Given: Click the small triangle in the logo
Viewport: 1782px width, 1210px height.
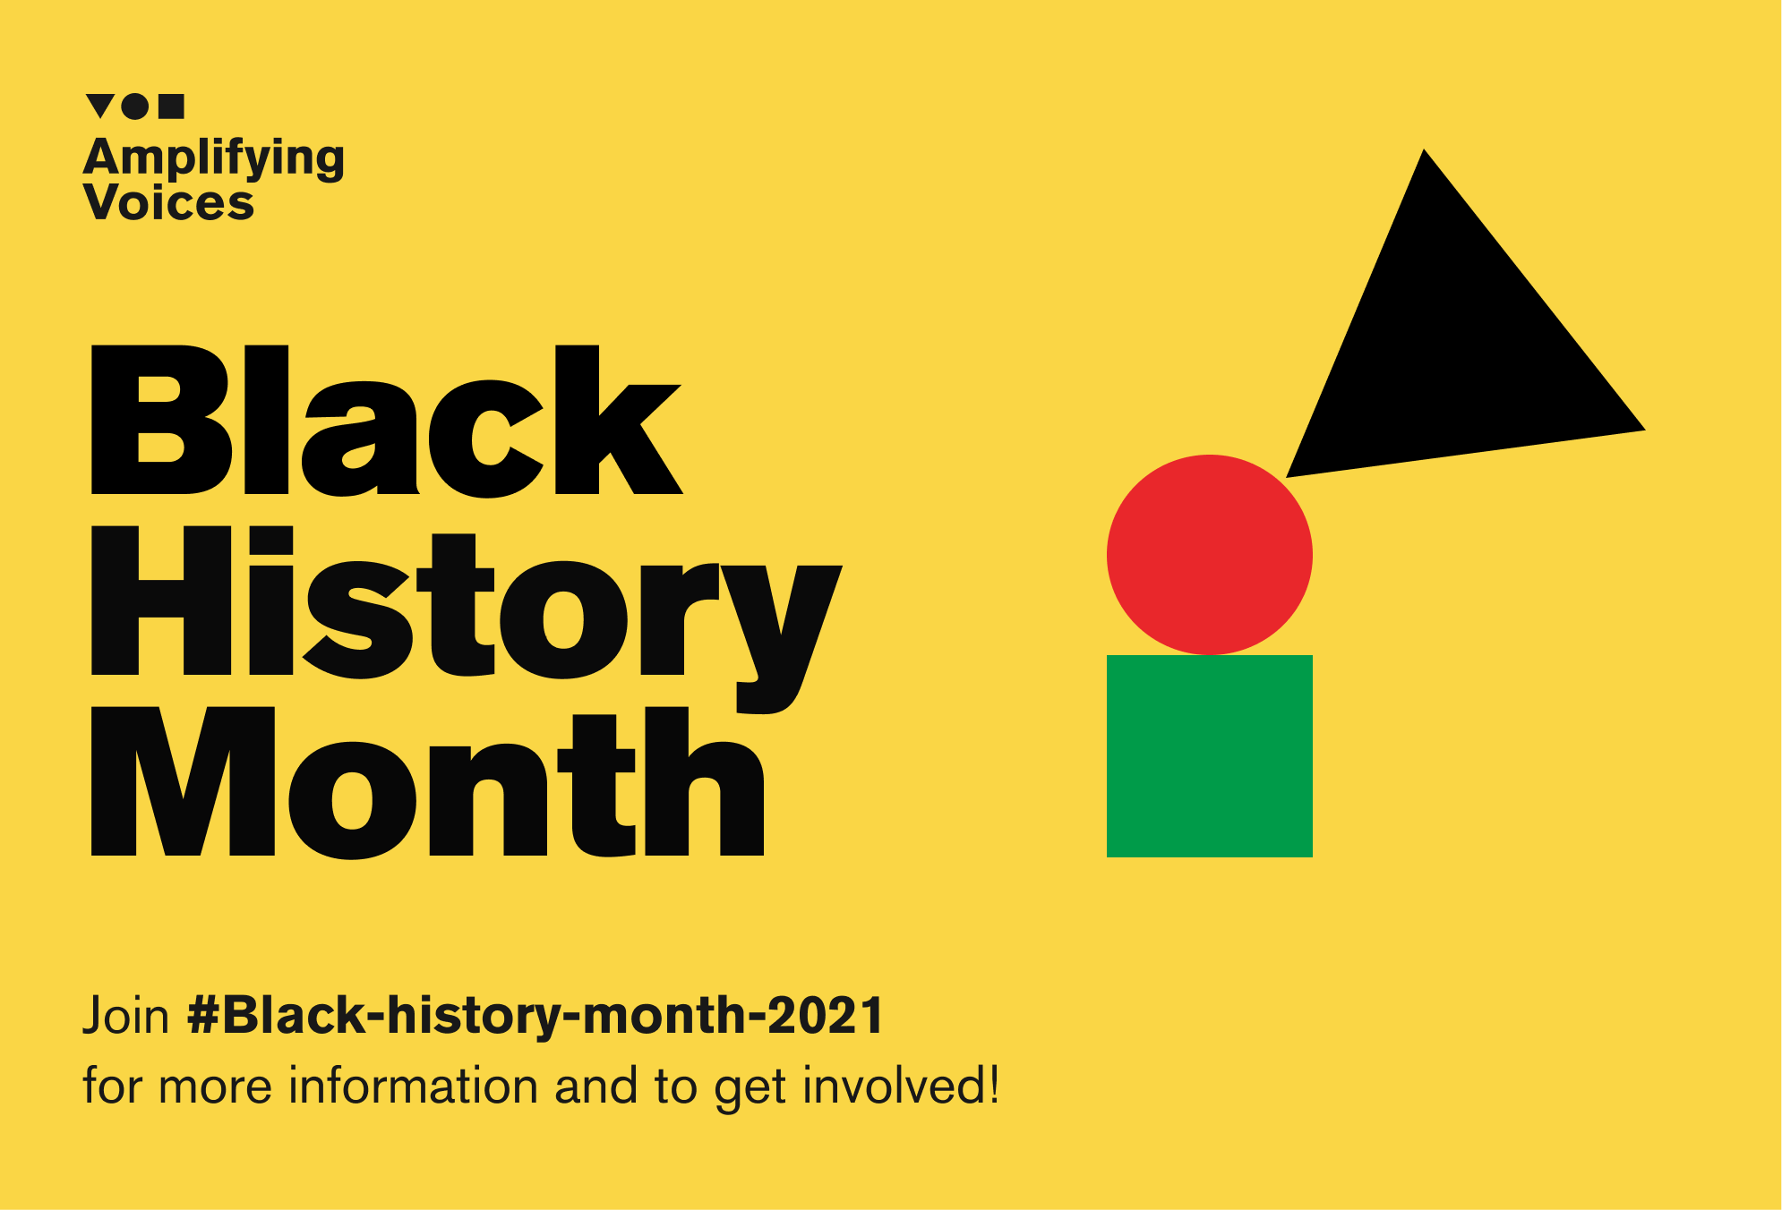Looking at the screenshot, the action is click(100, 104).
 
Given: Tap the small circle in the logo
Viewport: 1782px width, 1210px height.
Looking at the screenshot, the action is click(135, 107).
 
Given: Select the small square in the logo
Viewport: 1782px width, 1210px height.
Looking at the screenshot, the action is click(171, 107).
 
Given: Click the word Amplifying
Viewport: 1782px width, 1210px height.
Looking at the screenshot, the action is click(214, 159).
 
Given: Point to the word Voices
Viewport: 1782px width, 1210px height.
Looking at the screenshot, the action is click(169, 202).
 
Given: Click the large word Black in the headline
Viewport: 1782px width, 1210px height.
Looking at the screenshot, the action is click(387, 421).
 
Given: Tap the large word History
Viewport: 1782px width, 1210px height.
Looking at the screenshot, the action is click(467, 619).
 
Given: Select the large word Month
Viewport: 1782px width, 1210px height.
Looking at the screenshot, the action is click(428, 782).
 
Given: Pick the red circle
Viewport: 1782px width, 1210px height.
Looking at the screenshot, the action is click(1210, 555).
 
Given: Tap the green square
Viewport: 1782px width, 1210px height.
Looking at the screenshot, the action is click(1210, 756).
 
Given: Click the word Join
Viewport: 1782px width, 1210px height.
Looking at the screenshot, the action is click(126, 1017).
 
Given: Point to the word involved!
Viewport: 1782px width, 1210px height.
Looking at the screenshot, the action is click(901, 1086).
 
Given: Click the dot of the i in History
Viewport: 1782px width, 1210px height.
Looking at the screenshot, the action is click(271, 539).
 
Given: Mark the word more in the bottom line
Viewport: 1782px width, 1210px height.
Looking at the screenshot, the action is click(215, 1089).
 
